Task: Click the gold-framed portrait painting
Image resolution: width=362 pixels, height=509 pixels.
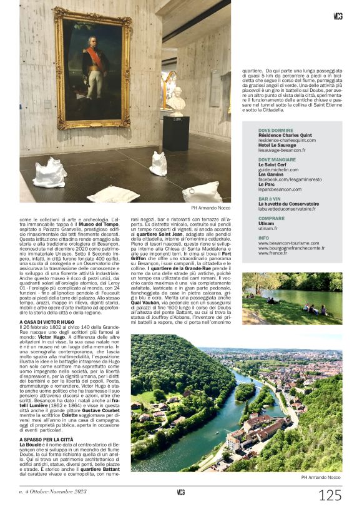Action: point(92,68)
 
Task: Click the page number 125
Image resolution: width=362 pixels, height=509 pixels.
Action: point(330,495)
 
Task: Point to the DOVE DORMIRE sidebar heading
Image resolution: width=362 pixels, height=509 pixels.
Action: point(275,131)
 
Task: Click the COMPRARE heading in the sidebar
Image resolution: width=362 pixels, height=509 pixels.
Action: point(271,218)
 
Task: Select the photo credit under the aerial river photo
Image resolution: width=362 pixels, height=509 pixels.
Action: point(321,477)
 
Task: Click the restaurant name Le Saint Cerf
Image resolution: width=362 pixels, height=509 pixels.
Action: point(272,164)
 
